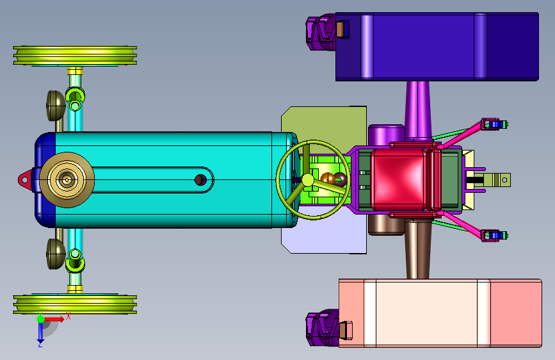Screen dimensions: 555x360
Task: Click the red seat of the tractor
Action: click(x=398, y=179)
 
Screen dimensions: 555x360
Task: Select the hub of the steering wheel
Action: click(x=307, y=180)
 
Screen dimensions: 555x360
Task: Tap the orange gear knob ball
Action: click(x=328, y=179)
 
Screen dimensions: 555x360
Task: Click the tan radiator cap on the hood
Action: click(x=67, y=180)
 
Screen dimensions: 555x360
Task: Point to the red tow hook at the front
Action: click(x=25, y=180)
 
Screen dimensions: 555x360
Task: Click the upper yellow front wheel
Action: click(x=75, y=56)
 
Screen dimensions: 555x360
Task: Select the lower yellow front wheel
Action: click(x=75, y=304)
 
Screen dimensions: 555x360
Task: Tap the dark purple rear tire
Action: click(x=437, y=47)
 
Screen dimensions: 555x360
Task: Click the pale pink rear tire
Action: click(x=440, y=313)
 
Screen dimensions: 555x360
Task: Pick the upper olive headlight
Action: click(x=56, y=106)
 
